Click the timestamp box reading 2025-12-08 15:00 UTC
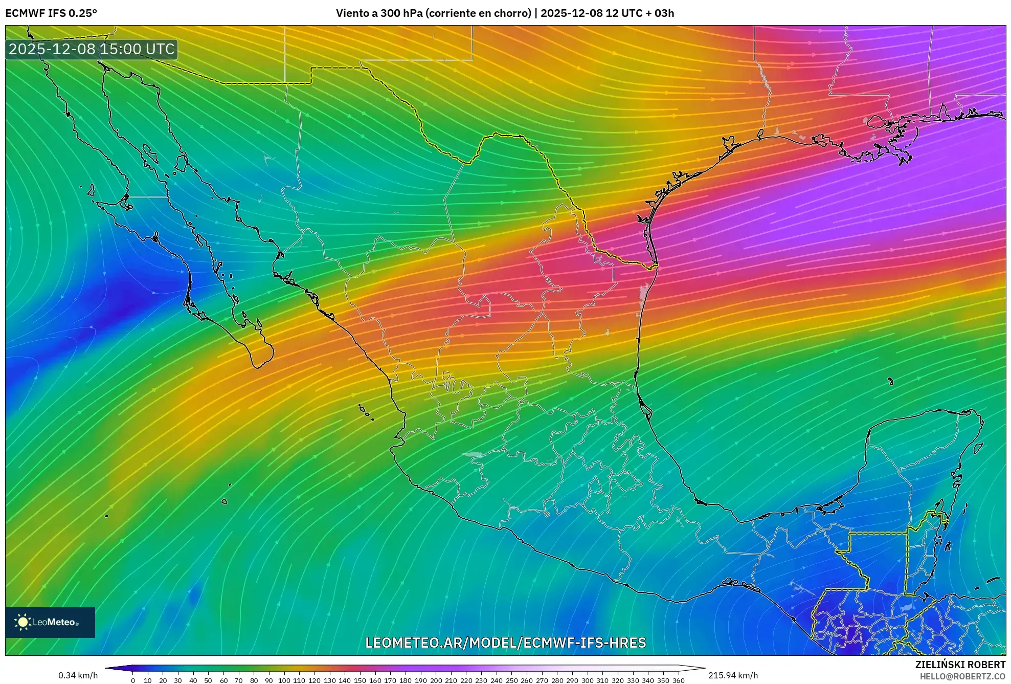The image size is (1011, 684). (92, 49)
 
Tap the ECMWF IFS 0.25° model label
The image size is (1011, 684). (51, 13)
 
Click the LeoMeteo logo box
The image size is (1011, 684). (50, 622)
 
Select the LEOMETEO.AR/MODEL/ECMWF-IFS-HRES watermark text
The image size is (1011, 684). (505, 643)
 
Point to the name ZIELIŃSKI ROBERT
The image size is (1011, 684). (960, 665)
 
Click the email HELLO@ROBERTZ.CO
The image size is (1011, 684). (962, 676)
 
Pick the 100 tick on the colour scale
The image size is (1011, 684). (284, 680)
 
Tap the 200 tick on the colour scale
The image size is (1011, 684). (436, 680)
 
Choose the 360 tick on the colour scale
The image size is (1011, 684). (678, 680)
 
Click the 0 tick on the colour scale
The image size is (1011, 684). (133, 680)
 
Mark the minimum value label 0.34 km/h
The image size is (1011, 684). (78, 675)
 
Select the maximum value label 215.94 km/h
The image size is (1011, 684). (733, 675)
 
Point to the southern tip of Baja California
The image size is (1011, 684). (258, 366)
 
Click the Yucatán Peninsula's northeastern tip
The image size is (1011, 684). (978, 415)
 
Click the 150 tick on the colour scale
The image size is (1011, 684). (360, 680)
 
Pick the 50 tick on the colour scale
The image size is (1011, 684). (208, 680)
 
